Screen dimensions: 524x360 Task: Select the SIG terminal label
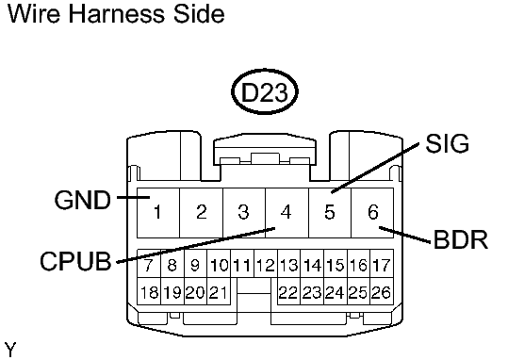click(x=448, y=144)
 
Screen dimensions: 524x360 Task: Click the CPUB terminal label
click(x=75, y=260)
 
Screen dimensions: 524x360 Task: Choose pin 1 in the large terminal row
click(x=158, y=211)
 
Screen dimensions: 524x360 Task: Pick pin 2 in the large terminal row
click(x=201, y=211)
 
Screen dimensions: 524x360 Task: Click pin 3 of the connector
click(x=243, y=211)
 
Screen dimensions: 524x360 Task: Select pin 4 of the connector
click(x=287, y=211)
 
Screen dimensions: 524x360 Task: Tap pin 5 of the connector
click(x=330, y=211)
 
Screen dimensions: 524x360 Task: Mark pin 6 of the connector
click(x=373, y=211)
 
